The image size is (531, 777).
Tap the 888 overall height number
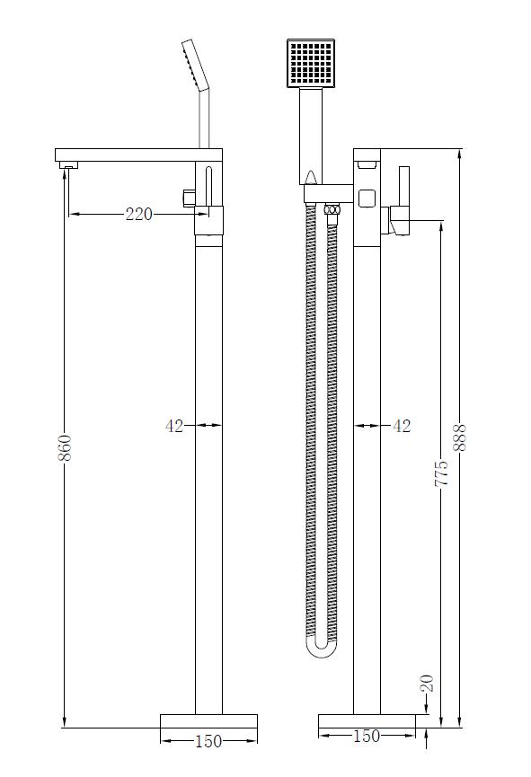point(462,437)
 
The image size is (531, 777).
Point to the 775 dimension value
point(441,472)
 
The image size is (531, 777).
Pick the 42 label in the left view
point(174,426)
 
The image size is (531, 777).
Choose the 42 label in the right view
point(402,426)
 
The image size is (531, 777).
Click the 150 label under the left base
point(208,741)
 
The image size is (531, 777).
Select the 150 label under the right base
point(367,737)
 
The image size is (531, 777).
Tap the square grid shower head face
point(311,64)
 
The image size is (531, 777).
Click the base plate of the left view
point(208,721)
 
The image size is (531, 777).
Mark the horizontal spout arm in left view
point(126,155)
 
